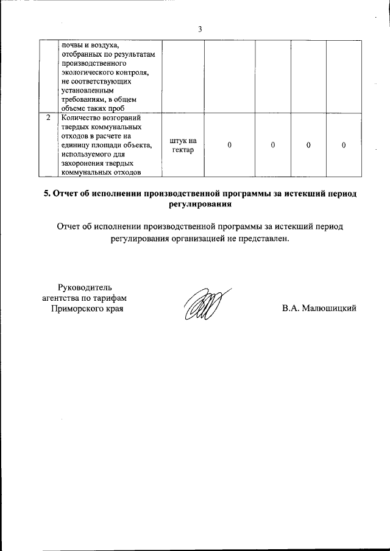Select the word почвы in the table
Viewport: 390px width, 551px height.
pos(71,45)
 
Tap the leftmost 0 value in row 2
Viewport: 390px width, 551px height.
pos(229,146)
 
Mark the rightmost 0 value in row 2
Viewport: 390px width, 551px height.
pos(344,146)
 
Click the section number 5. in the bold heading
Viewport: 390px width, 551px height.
pos(47,194)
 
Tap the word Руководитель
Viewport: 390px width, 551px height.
pos(85,287)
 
